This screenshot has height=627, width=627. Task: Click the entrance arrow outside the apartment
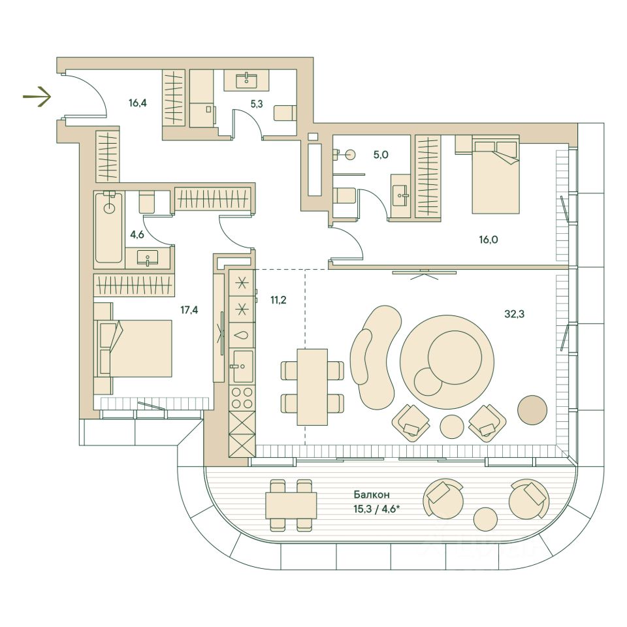[37, 98]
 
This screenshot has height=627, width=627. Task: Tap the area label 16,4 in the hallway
[138, 103]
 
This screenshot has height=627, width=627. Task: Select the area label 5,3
[256, 103]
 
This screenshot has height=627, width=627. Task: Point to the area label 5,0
[381, 155]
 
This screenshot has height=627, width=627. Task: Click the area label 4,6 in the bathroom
[137, 234]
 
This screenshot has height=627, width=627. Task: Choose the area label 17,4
[189, 310]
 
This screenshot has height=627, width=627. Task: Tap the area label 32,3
[515, 313]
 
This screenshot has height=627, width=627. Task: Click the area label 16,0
[488, 240]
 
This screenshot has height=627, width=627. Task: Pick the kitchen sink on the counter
[243, 366]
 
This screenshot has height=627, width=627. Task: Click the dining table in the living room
[312, 387]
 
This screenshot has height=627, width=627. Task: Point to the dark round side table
[533, 410]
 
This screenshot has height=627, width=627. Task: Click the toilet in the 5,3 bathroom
[285, 112]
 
